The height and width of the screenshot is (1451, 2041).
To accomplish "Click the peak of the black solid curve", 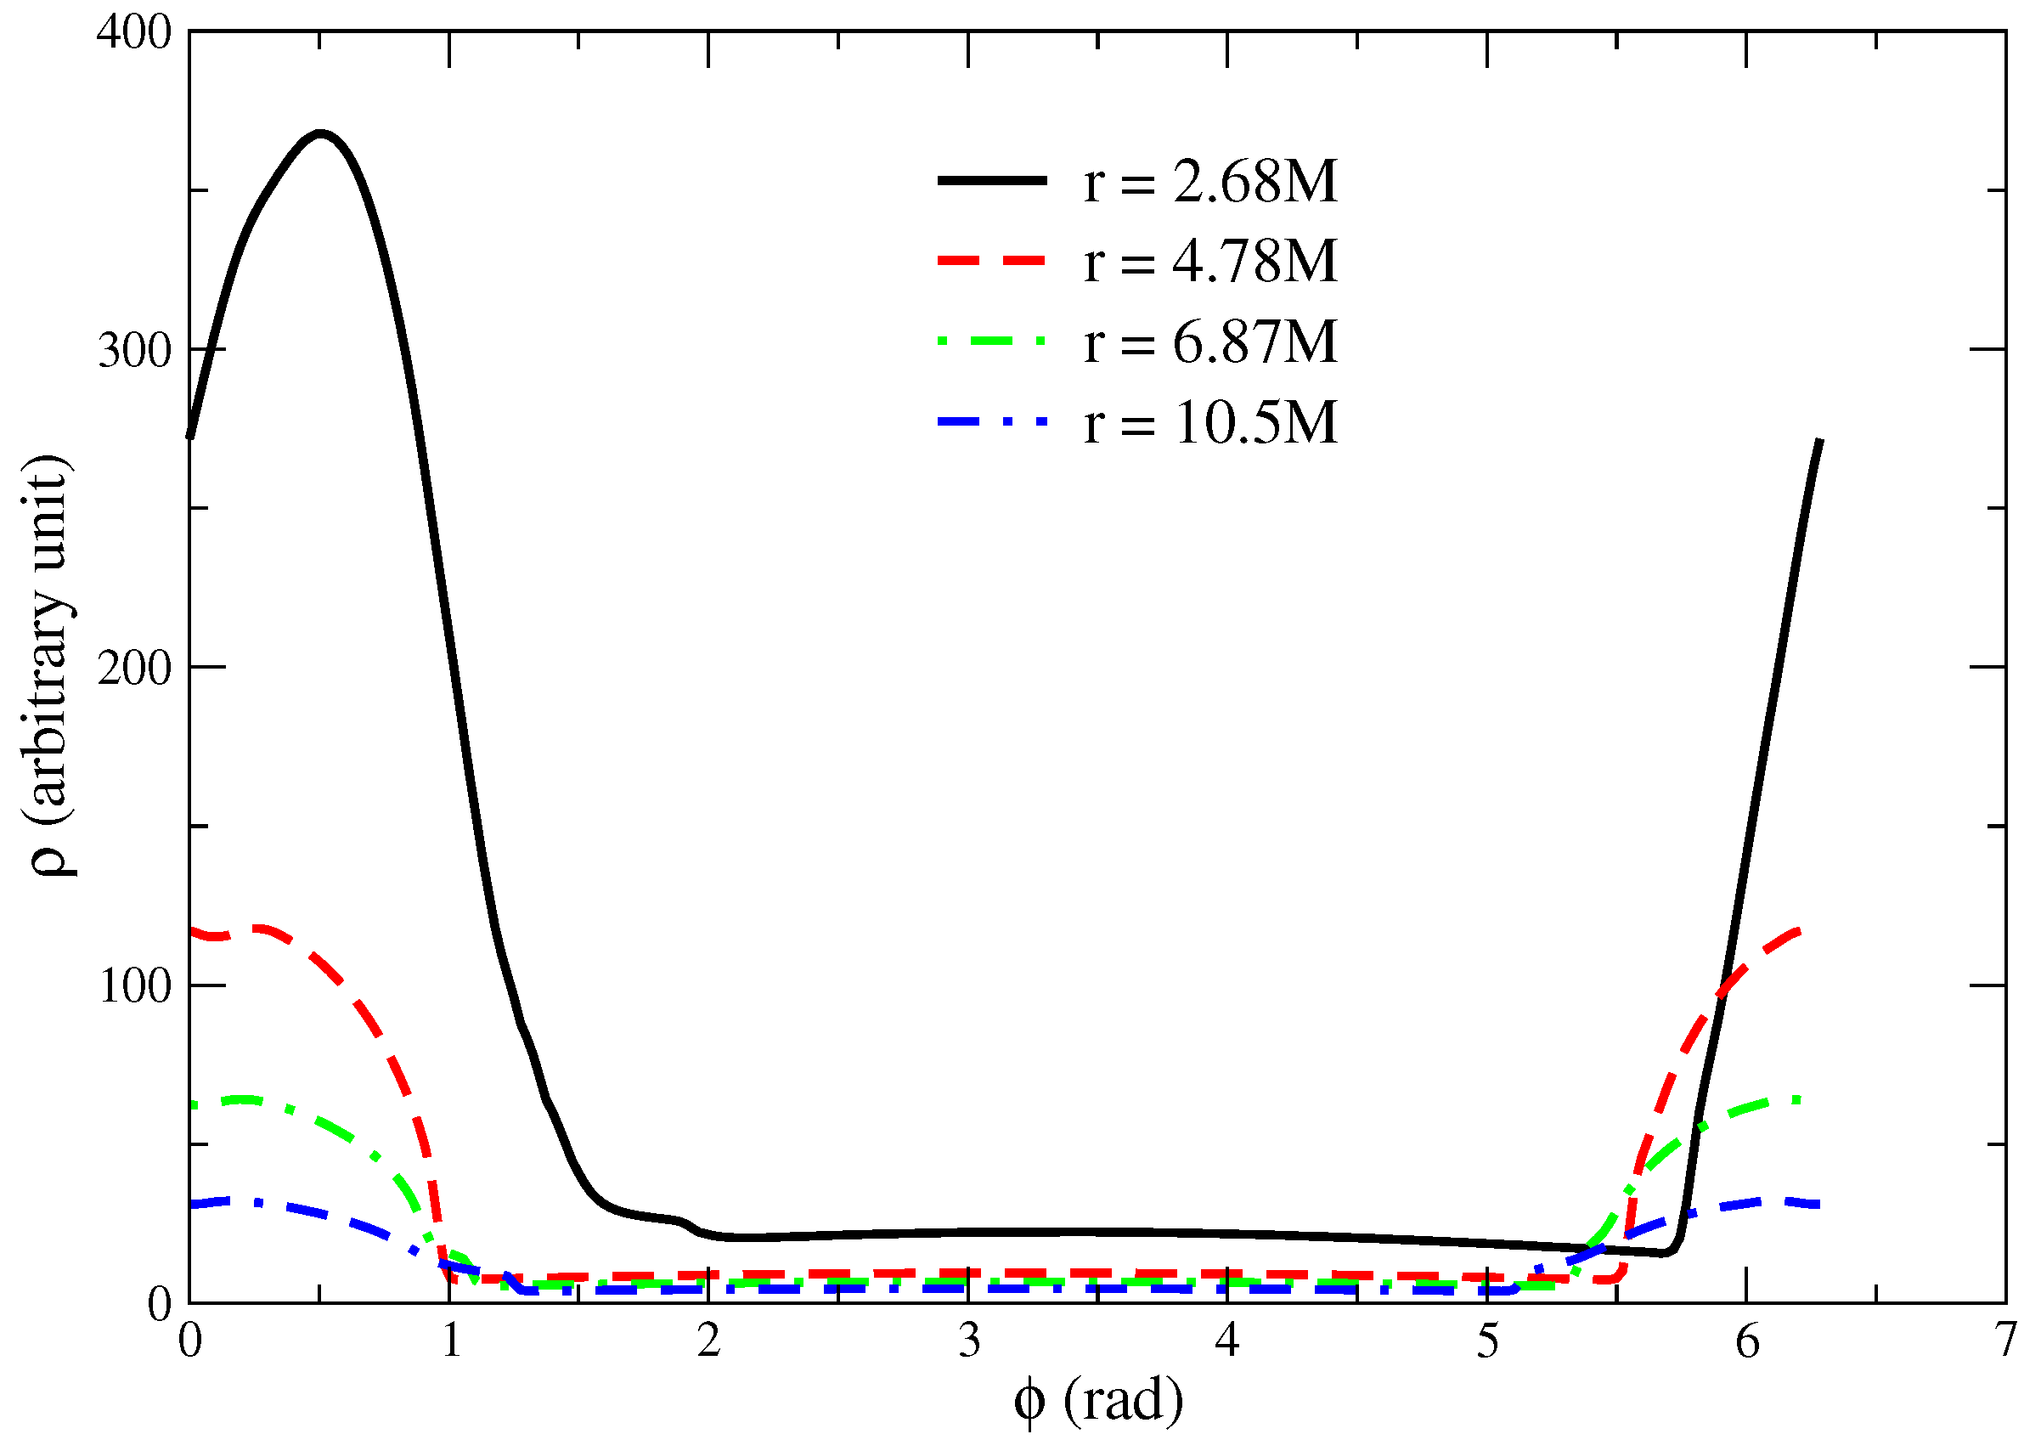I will pyautogui.click(x=321, y=134).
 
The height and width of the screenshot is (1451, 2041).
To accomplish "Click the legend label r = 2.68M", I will pyautogui.click(x=1209, y=183).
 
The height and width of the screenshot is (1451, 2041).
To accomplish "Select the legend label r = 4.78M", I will pyautogui.click(x=1209, y=262).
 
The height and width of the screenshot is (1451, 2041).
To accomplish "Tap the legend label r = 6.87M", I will pyautogui.click(x=1209, y=342).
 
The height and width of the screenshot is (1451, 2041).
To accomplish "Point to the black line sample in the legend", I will pyautogui.click(x=991, y=180).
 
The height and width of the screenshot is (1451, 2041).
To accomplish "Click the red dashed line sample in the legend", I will pyautogui.click(x=991, y=261).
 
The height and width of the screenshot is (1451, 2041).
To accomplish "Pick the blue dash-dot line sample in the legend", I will pyautogui.click(x=991, y=421).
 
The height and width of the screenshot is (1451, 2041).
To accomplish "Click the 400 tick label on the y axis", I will pyautogui.click(x=134, y=33).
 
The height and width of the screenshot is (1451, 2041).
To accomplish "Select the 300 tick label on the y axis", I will pyautogui.click(x=134, y=351).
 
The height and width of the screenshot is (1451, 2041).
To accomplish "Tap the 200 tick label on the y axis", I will pyautogui.click(x=134, y=669).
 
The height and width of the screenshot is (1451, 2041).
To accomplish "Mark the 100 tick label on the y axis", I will pyautogui.click(x=134, y=987).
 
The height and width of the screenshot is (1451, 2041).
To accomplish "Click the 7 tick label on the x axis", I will pyautogui.click(x=2006, y=1341).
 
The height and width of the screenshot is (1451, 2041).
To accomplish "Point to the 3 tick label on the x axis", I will pyautogui.click(x=968, y=1341).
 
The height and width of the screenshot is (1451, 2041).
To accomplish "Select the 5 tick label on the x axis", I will pyautogui.click(x=1487, y=1341).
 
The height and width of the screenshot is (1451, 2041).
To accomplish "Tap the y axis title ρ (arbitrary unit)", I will pyautogui.click(x=51, y=666).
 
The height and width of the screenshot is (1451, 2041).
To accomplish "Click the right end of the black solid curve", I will pyautogui.click(x=1819, y=440).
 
